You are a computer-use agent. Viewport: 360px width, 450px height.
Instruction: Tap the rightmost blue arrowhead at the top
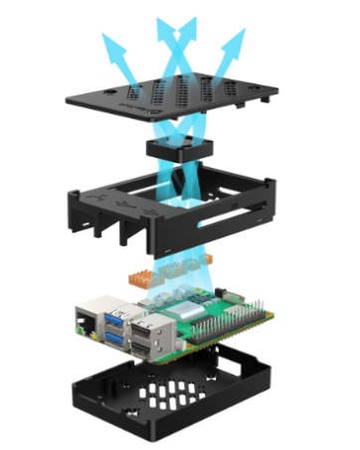tap(238, 38)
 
